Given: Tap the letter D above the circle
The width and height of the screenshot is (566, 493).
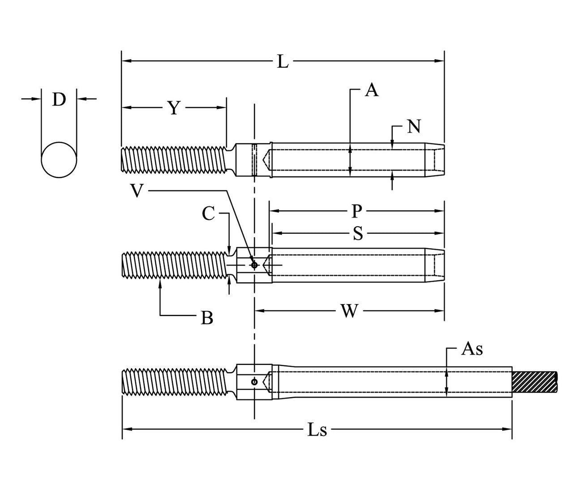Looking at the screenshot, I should click(59, 99).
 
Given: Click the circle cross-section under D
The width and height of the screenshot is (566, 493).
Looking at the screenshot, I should click(59, 160).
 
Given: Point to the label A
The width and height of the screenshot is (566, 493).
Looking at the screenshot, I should click(371, 90).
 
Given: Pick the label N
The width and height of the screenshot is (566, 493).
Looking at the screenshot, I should click(414, 127).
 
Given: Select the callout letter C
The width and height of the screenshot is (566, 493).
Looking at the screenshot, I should click(208, 214).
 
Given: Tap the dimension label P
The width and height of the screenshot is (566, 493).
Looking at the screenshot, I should click(356, 211).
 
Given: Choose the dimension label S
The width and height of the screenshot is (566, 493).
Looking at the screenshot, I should click(357, 233).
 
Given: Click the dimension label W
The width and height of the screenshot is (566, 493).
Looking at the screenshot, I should click(349, 311).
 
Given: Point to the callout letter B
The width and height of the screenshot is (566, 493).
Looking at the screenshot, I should click(206, 318).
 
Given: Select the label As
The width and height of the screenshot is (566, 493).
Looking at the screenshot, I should click(472, 349).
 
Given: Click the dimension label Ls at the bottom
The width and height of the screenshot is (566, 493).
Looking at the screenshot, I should click(317, 430).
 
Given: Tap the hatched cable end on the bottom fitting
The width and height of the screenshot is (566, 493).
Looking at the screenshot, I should click(535, 382).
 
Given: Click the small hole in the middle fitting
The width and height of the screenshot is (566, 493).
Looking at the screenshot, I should click(254, 265).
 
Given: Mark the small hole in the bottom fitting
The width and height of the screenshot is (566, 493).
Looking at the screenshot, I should click(254, 382).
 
